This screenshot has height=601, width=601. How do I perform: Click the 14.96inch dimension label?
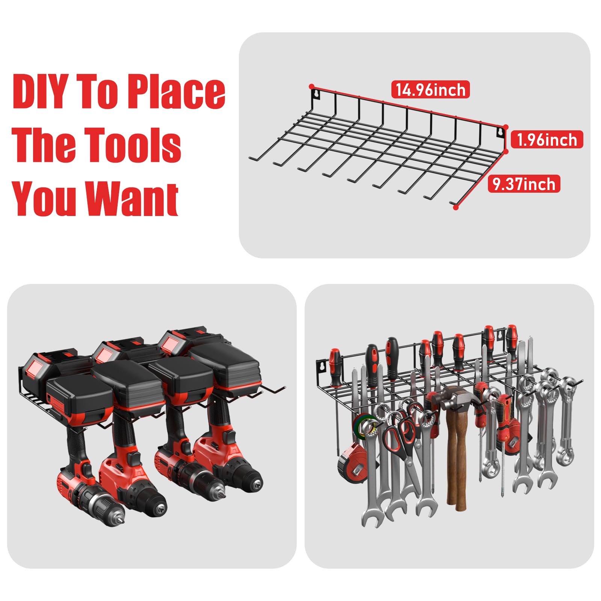pos(430,90)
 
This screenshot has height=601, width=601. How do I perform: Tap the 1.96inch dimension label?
pos(547,140)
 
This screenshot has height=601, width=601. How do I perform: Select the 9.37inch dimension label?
pos(524,184)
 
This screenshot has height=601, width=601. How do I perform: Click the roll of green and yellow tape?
pos(363,426)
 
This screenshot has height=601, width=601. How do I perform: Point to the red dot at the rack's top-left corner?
pos(311,86)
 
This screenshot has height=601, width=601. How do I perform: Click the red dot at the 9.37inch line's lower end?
pos(456,207)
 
